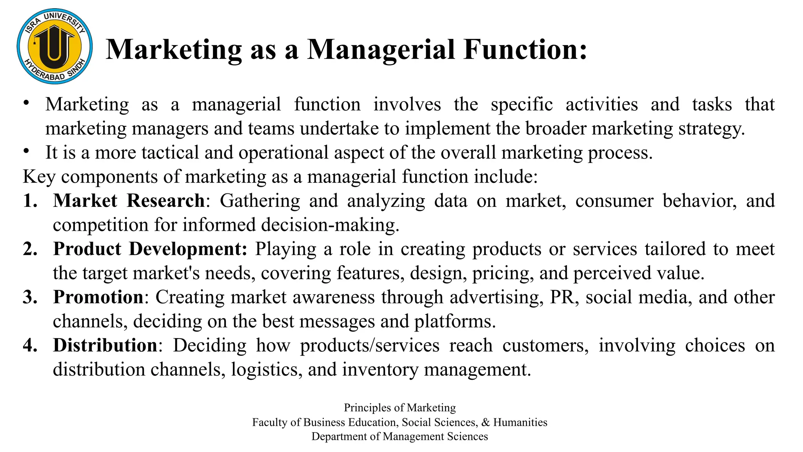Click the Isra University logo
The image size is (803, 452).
pos(55,46)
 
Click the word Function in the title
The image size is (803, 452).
pos(525,50)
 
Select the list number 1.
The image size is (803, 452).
pos(30,201)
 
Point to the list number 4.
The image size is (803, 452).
pos(30,346)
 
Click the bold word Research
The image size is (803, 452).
pos(165,201)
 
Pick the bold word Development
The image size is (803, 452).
pos(188,249)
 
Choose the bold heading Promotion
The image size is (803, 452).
pos(98,297)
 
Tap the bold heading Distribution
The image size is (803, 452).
pos(105,346)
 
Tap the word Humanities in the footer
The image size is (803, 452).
pos(520,422)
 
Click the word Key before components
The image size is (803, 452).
pos(39,177)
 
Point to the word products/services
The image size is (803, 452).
pos(370,346)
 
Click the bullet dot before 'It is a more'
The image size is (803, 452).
pos(26,151)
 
